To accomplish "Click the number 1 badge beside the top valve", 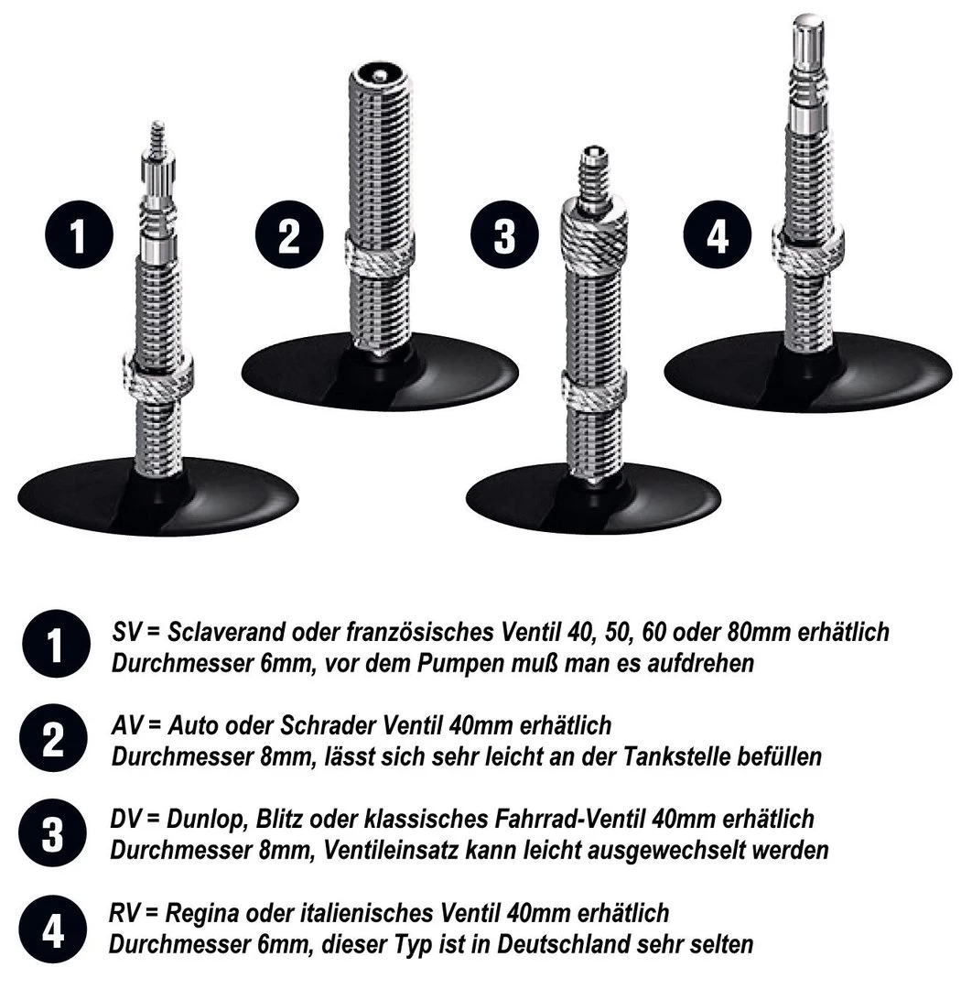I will coord(79,234).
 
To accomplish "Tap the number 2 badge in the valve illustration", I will coord(288,234).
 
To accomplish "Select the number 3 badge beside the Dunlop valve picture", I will coord(503,234).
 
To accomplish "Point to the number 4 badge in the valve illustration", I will coord(718,234).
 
